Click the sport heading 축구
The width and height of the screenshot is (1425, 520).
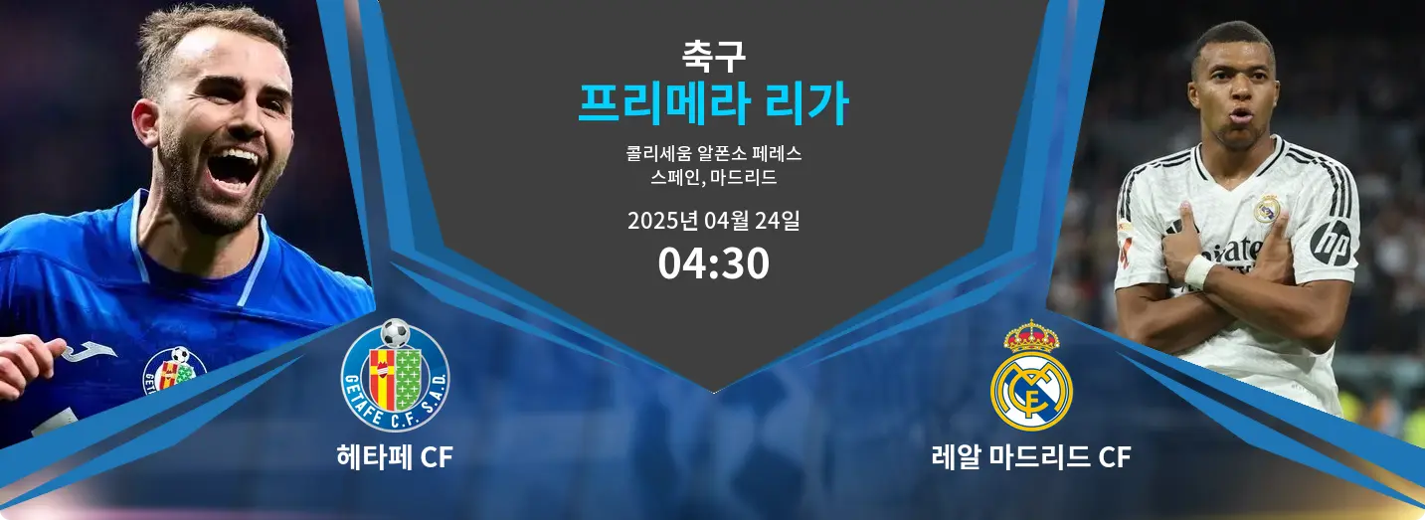coord(713,56)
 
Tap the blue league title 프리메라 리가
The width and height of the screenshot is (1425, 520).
coord(713,103)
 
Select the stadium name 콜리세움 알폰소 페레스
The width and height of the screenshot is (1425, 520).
coord(713,153)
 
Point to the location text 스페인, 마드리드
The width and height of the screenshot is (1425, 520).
coord(713,177)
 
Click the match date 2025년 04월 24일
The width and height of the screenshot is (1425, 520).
coord(713,221)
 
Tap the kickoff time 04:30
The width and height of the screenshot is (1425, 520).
coord(713,263)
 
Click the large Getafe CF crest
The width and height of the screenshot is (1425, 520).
coord(395,375)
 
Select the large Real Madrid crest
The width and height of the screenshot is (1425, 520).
coord(1031,375)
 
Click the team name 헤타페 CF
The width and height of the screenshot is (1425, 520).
coord(395,457)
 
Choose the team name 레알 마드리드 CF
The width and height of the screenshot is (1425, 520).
coord(1031,457)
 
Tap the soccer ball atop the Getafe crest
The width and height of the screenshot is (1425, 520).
coord(395,333)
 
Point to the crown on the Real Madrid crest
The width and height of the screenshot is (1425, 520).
coord(1031,336)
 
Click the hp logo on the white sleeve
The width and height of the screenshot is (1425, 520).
coord(1331,243)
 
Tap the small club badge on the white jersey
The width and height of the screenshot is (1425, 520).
coord(1267,209)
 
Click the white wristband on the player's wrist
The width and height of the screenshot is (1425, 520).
coord(1199,271)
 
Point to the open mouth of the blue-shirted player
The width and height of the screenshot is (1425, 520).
coord(233,167)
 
